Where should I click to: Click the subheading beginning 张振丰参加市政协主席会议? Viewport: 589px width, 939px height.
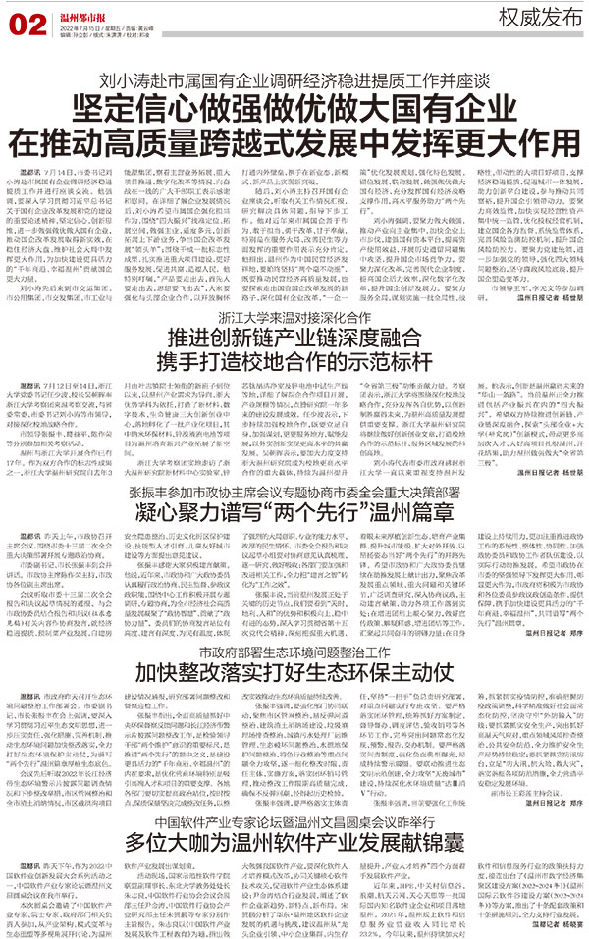coord(294,466)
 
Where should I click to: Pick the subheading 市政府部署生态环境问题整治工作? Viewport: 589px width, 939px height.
coord(294,624)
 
